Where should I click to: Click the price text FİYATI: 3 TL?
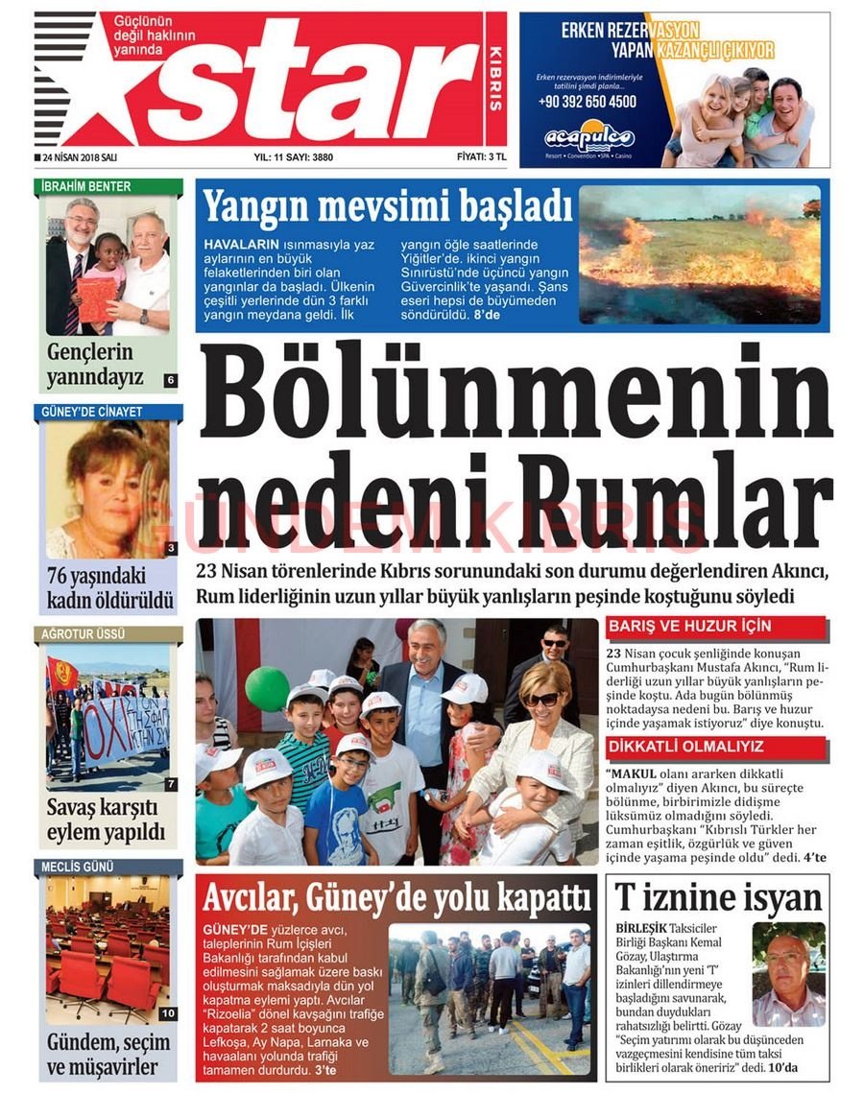[x=482, y=156]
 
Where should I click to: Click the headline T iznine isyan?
[x=718, y=899]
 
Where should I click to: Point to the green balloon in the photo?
[x=267, y=688]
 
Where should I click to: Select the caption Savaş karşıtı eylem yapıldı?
[x=107, y=819]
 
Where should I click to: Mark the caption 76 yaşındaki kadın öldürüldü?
[x=108, y=588]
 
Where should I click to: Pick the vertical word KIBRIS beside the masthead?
[x=496, y=77]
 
